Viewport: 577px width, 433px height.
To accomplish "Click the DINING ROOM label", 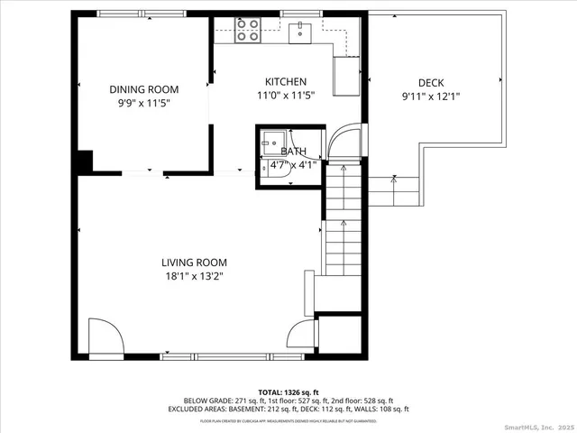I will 143,89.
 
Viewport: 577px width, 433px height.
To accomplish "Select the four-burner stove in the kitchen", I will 248,31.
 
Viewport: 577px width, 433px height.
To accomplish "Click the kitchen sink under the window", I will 300,32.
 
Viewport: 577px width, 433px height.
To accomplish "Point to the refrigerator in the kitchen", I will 346,76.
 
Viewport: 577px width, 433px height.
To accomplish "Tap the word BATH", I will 293,152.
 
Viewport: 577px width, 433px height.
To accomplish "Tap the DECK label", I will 430,83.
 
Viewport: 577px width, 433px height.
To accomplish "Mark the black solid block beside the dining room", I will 84,161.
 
